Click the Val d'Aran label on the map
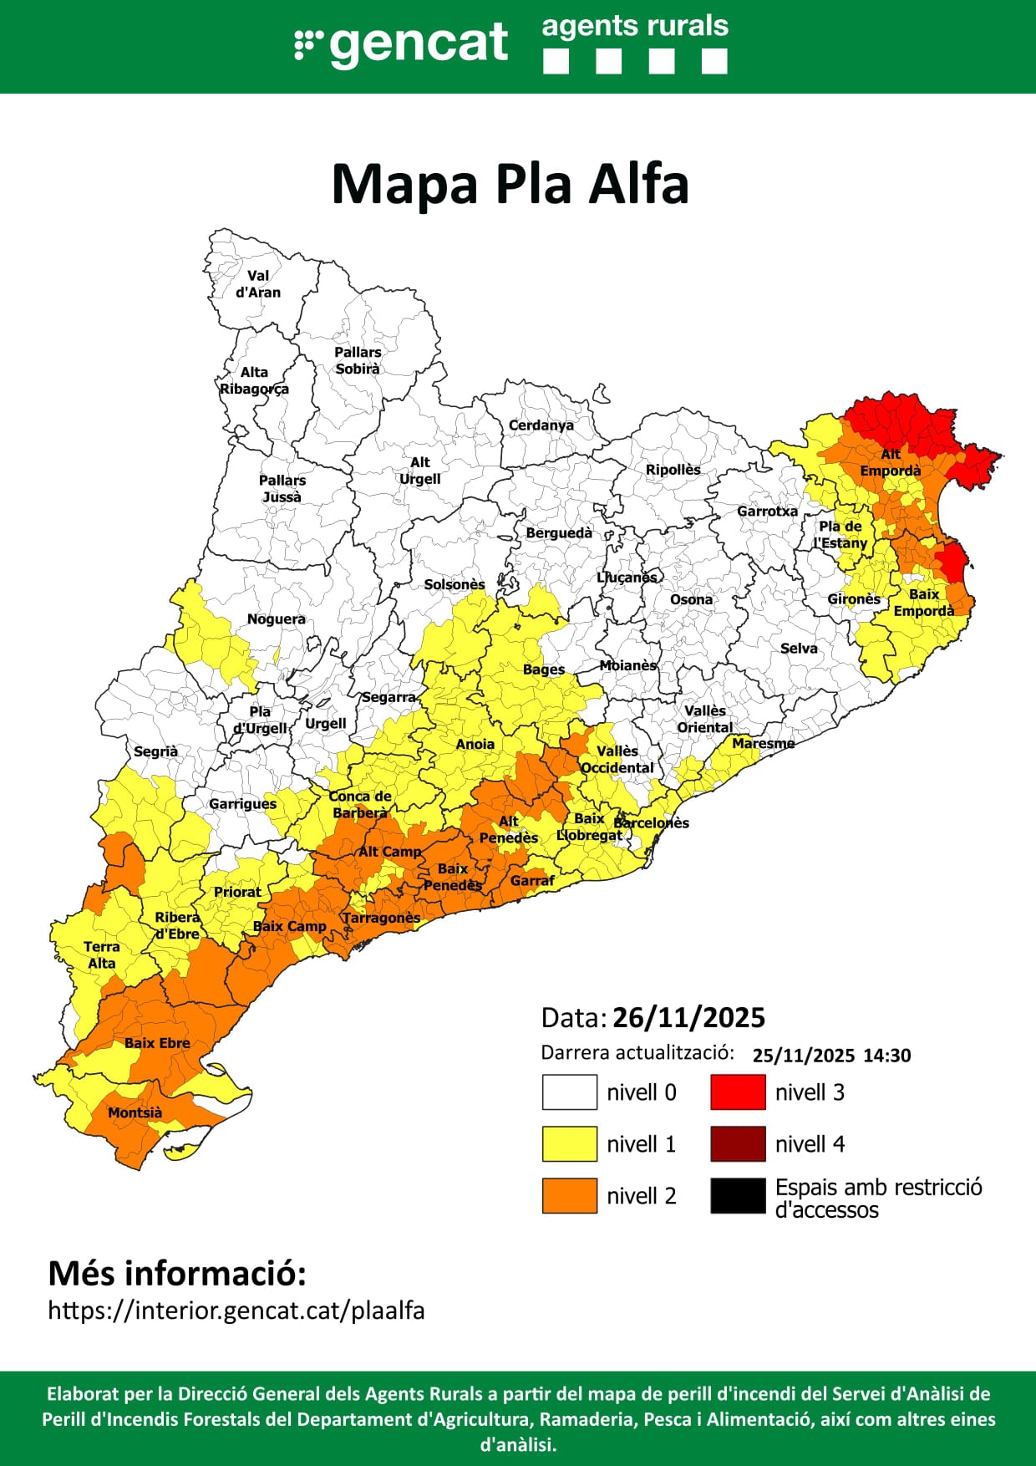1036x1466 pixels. pyautogui.click(x=258, y=284)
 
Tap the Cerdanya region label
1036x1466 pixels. pyautogui.click(x=541, y=425)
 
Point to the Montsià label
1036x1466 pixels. pyautogui.click(x=135, y=1113)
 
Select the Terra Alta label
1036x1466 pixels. pyautogui.click(x=102, y=955)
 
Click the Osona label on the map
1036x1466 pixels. pyautogui.click(x=691, y=599)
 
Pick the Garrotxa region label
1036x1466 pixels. pyautogui.click(x=767, y=511)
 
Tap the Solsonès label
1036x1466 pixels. pyautogui.click(x=455, y=584)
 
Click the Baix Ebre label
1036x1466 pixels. pyautogui.click(x=157, y=1043)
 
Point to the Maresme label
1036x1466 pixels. pyautogui.click(x=763, y=743)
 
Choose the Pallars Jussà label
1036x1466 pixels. pyautogui.click(x=282, y=489)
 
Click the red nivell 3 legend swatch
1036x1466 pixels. pyautogui.click(x=738, y=1092)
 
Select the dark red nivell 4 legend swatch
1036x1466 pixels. pyautogui.click(x=738, y=1144)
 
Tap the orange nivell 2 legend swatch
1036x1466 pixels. pyautogui.click(x=570, y=1195)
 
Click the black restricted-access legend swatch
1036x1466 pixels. pyautogui.click(x=738, y=1195)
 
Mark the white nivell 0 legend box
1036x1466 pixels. pyautogui.click(x=570, y=1092)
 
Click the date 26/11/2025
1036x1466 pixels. pyautogui.click(x=688, y=1018)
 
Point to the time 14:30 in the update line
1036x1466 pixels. pyautogui.click(x=886, y=1056)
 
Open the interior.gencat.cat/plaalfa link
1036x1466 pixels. pyautogui.click(x=236, y=1311)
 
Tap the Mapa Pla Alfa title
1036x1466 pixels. pyautogui.click(x=510, y=184)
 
